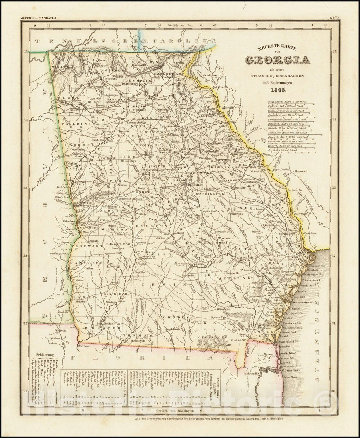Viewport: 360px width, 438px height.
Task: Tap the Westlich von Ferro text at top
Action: [180, 25]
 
